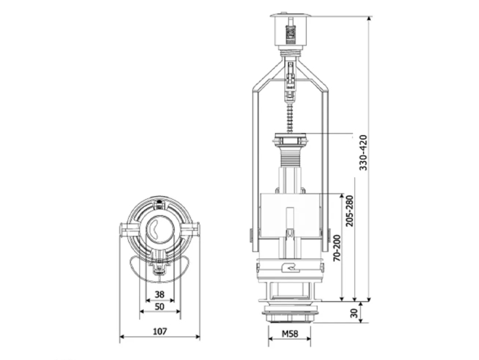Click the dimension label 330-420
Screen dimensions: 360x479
[x=364, y=153]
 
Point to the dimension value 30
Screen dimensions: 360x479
[x=355, y=312]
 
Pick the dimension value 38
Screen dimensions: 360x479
[x=159, y=294]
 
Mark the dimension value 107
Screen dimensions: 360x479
[x=159, y=331]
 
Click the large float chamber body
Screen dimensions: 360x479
[x=290, y=214]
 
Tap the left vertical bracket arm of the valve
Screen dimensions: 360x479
[x=255, y=167]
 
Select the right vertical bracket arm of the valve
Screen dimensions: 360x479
[x=325, y=167]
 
